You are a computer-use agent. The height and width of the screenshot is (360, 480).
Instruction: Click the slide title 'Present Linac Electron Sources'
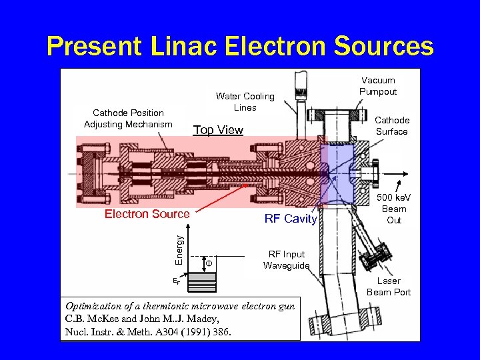tap(240, 46)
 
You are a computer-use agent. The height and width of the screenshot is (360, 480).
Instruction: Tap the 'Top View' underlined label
tap(218, 130)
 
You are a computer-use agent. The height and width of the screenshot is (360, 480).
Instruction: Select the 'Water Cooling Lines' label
tap(245, 101)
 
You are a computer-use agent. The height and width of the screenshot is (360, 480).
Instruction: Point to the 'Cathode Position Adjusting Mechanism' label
tap(128, 118)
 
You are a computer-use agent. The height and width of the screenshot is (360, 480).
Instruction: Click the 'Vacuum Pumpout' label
tap(378, 86)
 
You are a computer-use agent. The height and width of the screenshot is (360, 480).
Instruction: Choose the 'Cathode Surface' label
tap(392, 125)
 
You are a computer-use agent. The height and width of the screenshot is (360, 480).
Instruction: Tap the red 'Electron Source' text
tap(147, 214)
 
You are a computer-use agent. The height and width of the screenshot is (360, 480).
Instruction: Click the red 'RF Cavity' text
tap(291, 219)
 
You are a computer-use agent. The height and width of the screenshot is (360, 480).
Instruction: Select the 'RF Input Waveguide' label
tap(287, 260)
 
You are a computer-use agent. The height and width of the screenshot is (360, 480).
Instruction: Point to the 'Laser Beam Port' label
tap(389, 287)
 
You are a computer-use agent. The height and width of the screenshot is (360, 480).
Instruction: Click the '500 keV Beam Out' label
tap(394, 209)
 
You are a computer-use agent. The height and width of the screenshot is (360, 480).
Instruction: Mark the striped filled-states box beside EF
tap(201, 283)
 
